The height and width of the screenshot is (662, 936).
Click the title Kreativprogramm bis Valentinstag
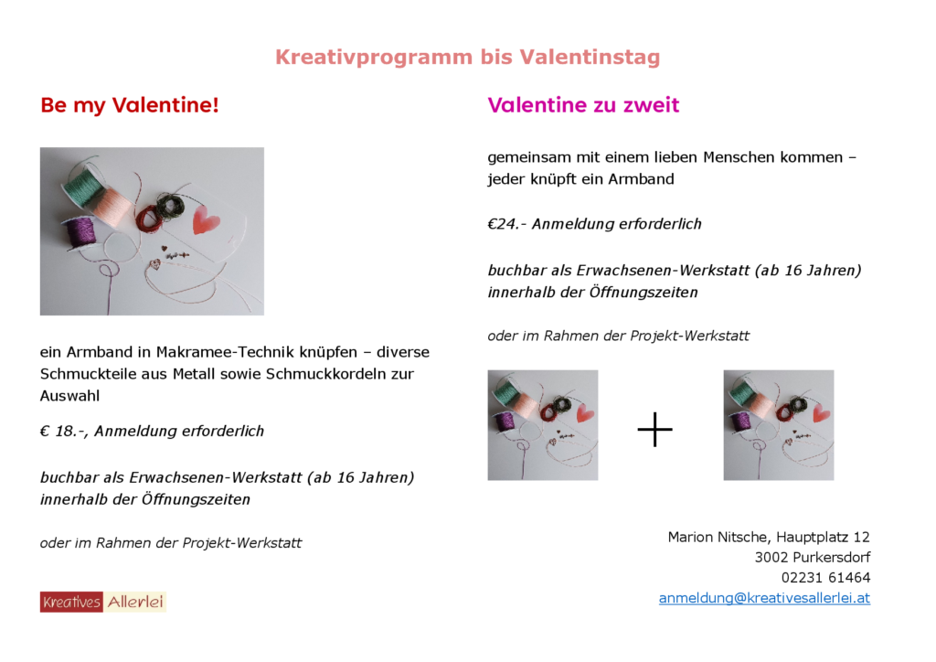pos(467,58)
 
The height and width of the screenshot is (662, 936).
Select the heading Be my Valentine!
pos(130,106)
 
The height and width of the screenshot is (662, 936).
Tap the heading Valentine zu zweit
pos(583,105)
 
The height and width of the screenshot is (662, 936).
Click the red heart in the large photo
pos(206,220)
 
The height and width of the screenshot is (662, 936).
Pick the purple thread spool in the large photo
pos(81,233)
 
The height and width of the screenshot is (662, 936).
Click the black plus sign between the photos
pos(654,429)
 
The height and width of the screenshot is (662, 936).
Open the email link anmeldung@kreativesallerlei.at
pos(764,598)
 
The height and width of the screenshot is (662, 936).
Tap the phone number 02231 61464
pos(825,578)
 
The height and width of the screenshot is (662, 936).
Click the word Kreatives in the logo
pos(71,602)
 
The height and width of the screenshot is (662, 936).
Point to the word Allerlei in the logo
pos(135,602)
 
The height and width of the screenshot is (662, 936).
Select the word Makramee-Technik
pos(221,352)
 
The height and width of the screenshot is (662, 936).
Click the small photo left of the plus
pos(542,425)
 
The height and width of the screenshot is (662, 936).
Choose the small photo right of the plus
pos(778,425)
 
